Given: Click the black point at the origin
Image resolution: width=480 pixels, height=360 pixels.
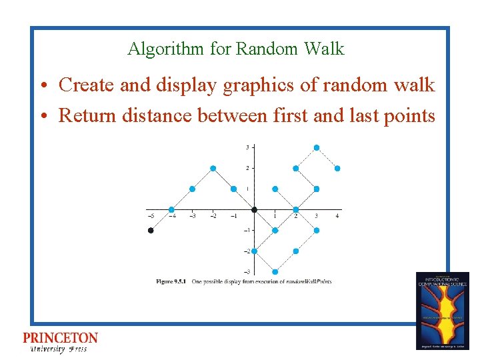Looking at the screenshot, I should tap(254, 210).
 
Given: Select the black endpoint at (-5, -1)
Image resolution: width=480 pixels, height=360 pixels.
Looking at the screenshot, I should tap(151, 231).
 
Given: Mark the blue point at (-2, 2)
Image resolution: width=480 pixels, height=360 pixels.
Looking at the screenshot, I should tap(213, 168).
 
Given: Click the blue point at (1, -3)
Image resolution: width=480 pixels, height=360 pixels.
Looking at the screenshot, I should tap(275, 272).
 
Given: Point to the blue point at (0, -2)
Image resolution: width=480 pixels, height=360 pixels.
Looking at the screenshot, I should tap(254, 251).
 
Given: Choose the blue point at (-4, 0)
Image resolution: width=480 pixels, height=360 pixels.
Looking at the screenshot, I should tap(171, 210).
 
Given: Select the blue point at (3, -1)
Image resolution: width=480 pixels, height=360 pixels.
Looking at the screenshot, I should tap(316, 231).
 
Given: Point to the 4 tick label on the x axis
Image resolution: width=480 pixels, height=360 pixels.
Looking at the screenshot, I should tap(337, 216).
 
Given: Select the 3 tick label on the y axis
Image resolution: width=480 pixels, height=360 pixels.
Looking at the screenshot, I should tap(248, 147).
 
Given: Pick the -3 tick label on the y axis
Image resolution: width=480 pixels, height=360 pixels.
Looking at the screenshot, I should tap(247, 272).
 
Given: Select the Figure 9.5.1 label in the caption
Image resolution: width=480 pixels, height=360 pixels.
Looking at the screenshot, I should tap(171, 281).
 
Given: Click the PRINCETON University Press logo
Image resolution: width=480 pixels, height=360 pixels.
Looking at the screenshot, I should tap(60, 342).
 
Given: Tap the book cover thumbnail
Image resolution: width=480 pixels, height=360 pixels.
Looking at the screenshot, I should tap(442, 311).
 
